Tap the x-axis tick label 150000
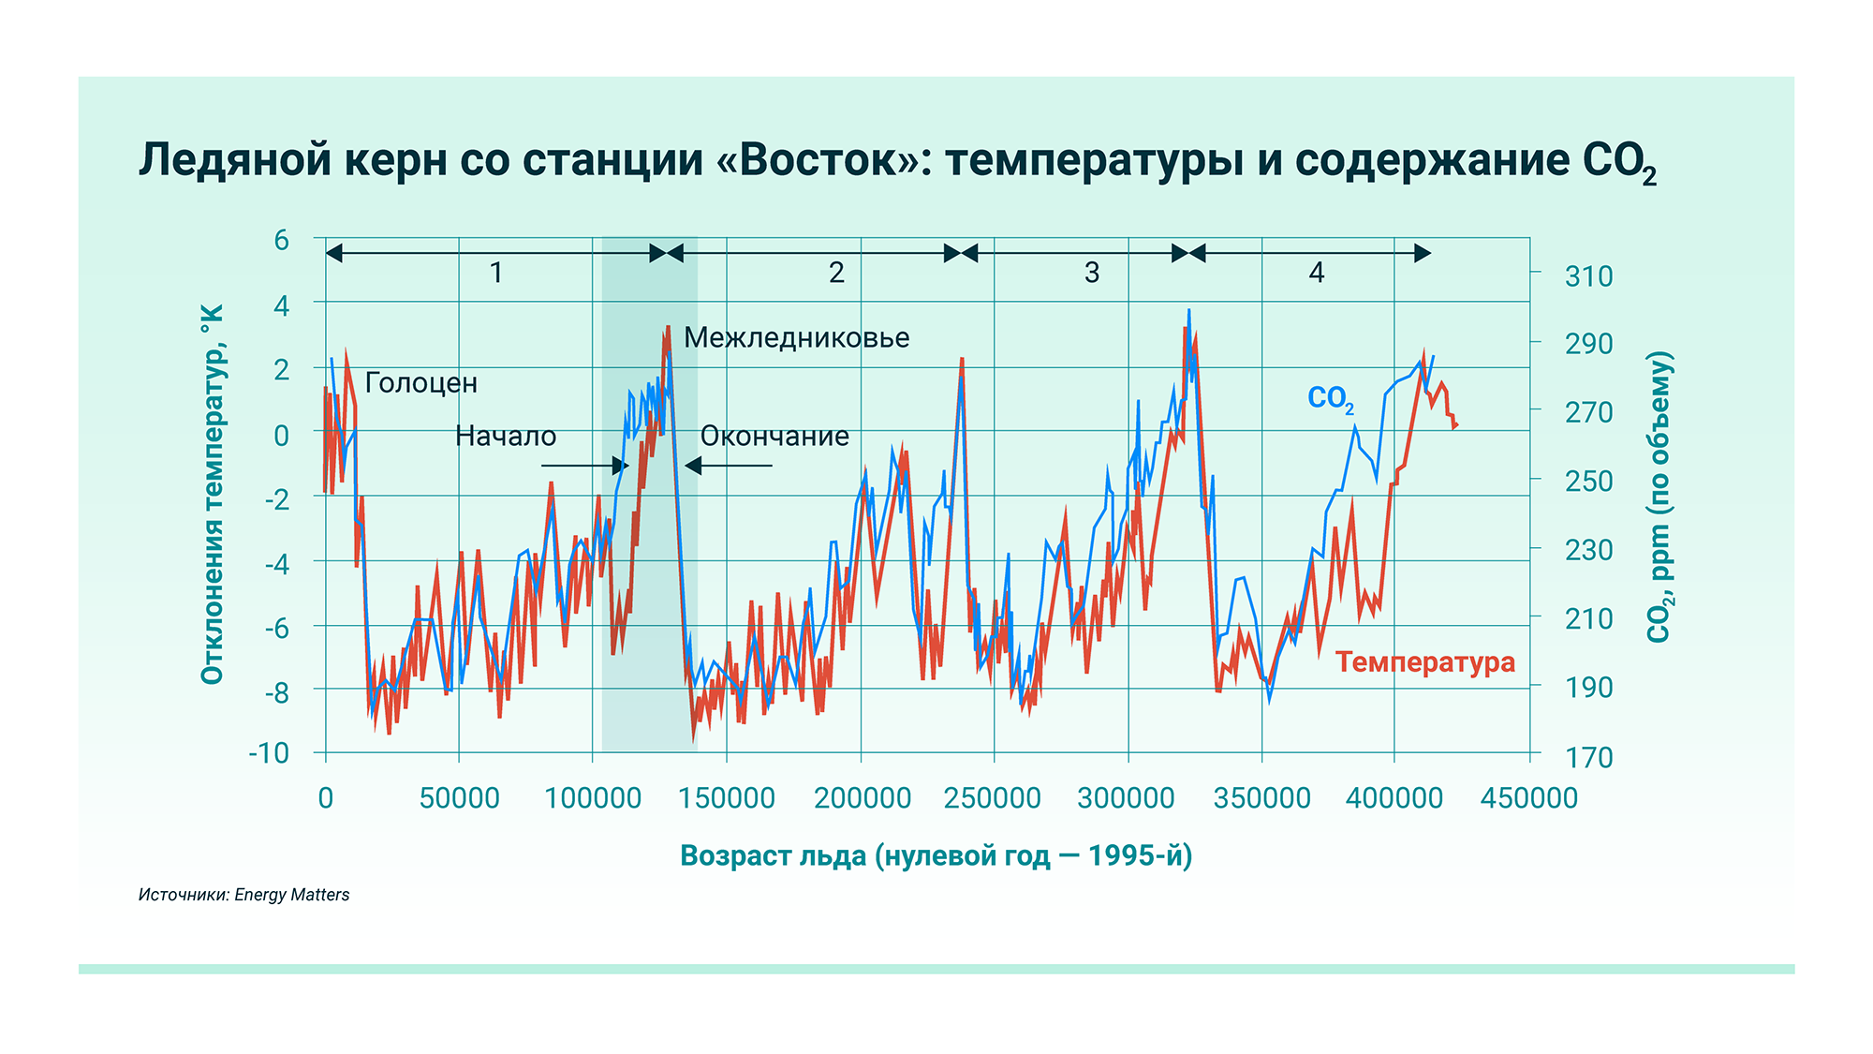pos(727,798)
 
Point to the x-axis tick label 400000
pos(1394,798)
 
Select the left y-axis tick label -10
pos(269,753)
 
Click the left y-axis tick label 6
pos(281,241)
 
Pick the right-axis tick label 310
pos(1588,276)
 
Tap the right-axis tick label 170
pos(1588,756)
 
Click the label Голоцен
pos(420,383)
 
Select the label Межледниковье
pos(796,338)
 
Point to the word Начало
pos(506,437)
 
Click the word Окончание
pos(774,437)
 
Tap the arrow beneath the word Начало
pos(584,466)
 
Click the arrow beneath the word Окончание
pos(729,466)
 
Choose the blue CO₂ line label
pos(1330,399)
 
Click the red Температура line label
pos(1424,662)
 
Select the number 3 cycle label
pos(1092,273)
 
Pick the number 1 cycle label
pos(496,273)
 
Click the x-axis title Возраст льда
pos(936,856)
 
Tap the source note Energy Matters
pos(291,895)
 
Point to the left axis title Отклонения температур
pos(213,494)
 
